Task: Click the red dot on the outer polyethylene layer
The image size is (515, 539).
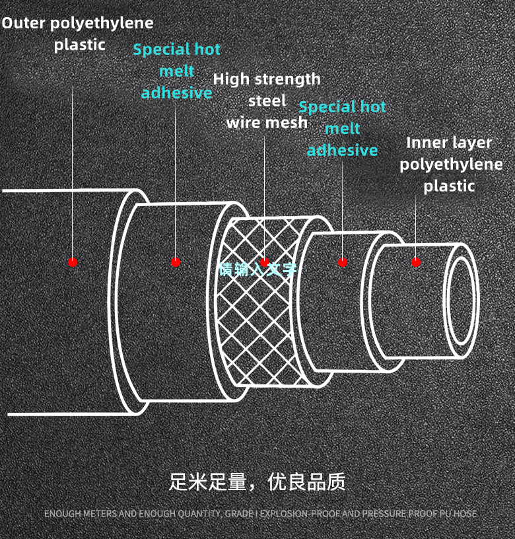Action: (x=73, y=262)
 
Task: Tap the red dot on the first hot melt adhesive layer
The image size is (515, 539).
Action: (x=176, y=262)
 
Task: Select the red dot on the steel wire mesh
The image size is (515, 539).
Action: (x=265, y=262)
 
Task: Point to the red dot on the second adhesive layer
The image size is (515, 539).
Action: (x=342, y=262)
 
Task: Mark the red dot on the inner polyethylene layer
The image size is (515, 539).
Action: (x=416, y=262)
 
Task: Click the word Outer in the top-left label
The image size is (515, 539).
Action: (x=20, y=23)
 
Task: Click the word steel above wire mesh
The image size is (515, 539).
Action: (x=267, y=101)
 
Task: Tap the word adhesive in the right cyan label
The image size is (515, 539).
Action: (x=342, y=151)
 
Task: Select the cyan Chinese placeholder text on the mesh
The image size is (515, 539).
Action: (x=257, y=269)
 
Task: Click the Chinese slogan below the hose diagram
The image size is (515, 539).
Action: (x=257, y=482)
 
